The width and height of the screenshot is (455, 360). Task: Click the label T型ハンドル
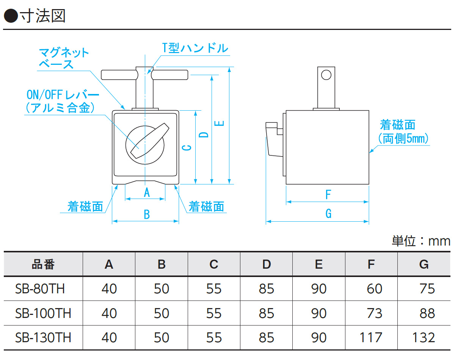click(x=195, y=48)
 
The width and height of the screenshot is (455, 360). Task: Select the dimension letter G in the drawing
click(x=328, y=214)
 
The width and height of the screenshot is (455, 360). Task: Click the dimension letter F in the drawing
click(x=328, y=195)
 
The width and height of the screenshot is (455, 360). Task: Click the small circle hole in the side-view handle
click(x=326, y=75)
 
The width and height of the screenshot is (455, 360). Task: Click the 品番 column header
click(x=43, y=264)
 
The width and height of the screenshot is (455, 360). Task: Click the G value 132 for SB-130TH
click(x=424, y=337)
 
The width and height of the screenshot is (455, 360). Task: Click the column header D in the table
click(x=267, y=264)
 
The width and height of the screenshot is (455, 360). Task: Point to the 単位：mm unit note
click(x=421, y=241)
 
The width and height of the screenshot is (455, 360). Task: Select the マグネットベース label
click(x=64, y=58)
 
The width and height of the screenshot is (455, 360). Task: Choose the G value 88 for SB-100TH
click(x=427, y=313)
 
